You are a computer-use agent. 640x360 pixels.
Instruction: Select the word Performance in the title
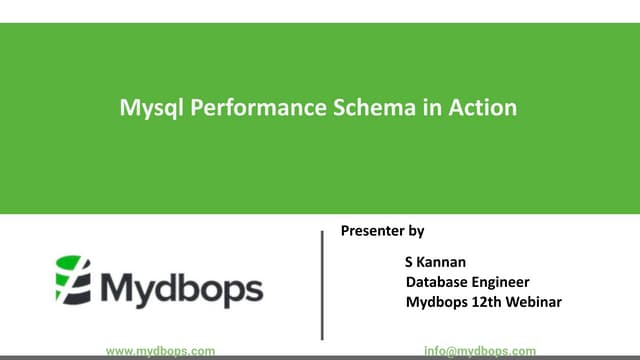tap(236, 107)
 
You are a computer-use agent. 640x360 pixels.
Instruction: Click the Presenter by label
tap(383, 231)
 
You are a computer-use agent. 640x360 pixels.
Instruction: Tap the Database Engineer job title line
tap(467, 282)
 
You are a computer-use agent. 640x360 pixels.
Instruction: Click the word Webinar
tap(533, 302)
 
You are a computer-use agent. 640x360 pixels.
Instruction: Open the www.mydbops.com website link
tap(160, 351)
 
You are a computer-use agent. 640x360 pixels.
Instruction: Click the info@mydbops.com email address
tap(479, 351)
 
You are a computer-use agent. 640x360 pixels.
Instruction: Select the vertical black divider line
tap(322, 285)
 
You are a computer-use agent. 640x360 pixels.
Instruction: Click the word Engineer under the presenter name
tap(500, 282)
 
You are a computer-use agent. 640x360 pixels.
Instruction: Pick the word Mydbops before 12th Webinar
tap(436, 302)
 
